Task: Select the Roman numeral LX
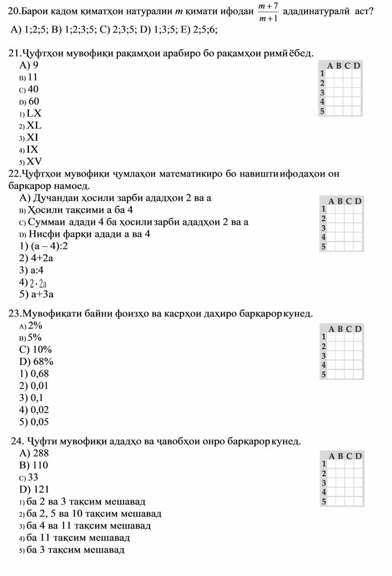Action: pos(34,114)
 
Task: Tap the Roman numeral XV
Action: pos(34,161)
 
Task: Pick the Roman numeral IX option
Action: pos(33,149)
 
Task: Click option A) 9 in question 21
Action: pos(29,65)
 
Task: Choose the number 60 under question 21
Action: pos(34,102)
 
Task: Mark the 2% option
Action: pos(35,326)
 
